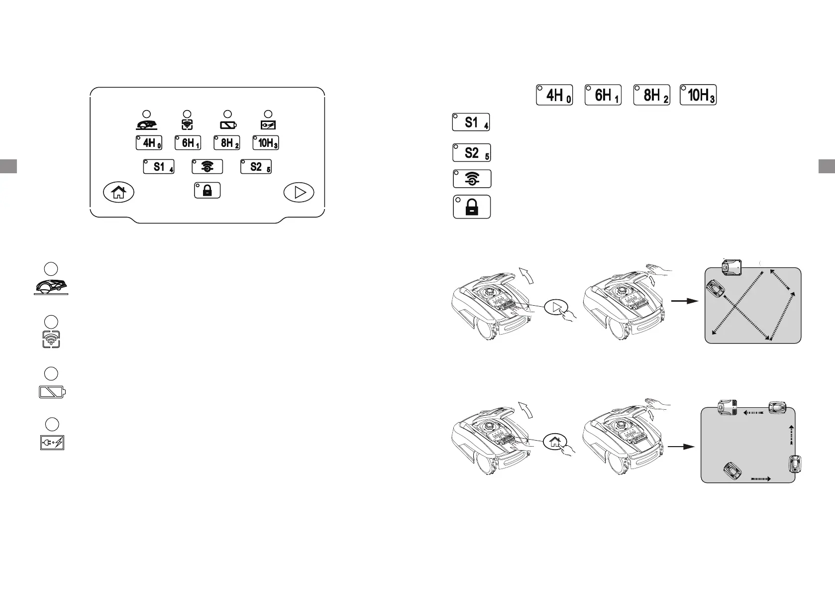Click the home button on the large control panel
(118, 192)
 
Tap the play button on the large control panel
(299, 192)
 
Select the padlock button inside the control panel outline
(208, 191)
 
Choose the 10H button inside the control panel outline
(266, 143)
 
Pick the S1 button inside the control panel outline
(159, 166)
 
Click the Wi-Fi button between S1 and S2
(207, 166)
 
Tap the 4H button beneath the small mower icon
(149, 143)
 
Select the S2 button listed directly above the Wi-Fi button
(471, 153)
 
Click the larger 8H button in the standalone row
(651, 95)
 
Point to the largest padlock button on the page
(472, 207)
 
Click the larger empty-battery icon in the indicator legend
(52, 392)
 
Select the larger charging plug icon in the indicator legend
(52, 443)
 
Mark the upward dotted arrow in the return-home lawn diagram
(790, 435)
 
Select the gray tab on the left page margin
(8, 166)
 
